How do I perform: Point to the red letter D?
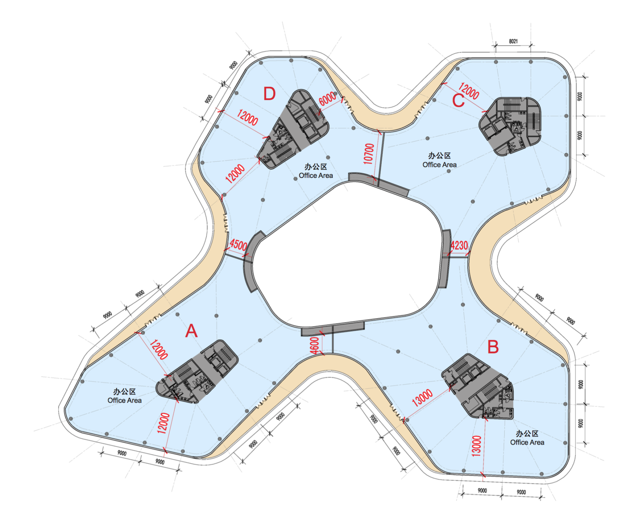tap(269, 93)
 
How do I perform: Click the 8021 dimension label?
tap(513, 41)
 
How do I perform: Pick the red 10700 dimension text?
tap(369, 154)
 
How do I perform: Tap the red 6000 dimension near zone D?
tap(327, 98)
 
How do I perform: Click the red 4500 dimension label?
tap(238, 245)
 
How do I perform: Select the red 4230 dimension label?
tap(459, 245)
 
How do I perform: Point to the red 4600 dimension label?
tap(315, 345)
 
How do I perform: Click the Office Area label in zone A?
tap(124, 400)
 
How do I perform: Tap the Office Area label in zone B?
tap(527, 442)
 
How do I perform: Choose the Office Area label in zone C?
tap(440, 165)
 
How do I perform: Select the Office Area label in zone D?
tap(316, 175)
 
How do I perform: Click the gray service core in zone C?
tap(510, 126)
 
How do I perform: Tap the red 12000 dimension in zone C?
tap(468, 91)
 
